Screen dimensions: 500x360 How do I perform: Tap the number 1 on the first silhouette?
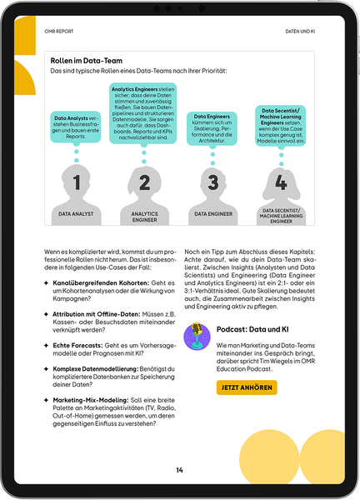click(77, 183)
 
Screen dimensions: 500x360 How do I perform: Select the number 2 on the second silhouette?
click(144, 183)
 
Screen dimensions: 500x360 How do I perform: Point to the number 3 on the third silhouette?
click(212, 183)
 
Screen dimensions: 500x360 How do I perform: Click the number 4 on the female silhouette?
click(280, 182)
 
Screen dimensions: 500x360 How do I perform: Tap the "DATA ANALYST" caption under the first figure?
click(77, 214)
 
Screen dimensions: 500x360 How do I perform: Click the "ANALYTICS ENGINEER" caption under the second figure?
click(144, 217)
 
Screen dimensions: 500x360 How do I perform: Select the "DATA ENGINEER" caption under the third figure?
click(212, 214)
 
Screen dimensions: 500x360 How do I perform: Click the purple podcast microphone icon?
click(197, 337)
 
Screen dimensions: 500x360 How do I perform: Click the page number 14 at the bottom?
click(179, 471)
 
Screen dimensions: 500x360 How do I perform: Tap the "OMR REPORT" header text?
click(59, 32)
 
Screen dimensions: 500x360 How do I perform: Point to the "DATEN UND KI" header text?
click(299, 32)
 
